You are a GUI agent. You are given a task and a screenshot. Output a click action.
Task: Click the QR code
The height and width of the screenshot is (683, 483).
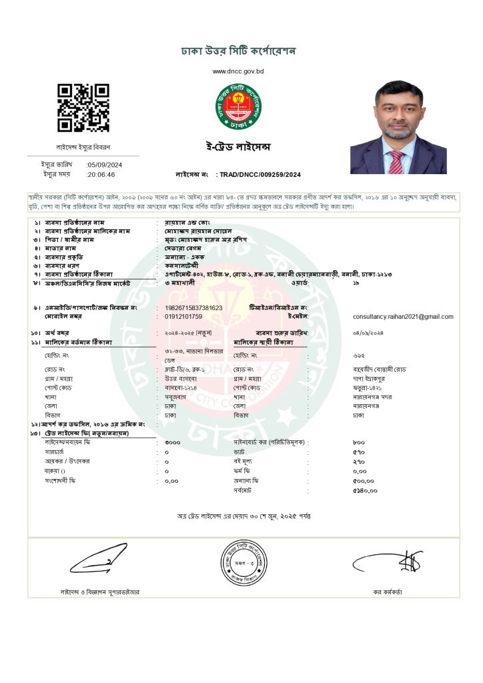tap(83, 107)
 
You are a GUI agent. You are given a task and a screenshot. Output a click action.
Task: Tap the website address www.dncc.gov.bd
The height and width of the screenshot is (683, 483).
tap(238, 71)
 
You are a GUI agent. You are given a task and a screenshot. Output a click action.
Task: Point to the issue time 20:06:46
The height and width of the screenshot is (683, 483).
tap(101, 174)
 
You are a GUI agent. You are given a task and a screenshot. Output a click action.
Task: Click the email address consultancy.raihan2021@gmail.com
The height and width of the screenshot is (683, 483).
tap(403, 316)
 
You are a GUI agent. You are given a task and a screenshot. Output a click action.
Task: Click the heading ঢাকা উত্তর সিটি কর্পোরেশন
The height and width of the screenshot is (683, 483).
tap(238, 51)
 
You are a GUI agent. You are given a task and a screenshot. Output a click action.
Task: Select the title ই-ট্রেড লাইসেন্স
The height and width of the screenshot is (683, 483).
tap(238, 147)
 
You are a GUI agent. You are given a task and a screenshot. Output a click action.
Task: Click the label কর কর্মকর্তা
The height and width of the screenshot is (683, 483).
tap(388, 592)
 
